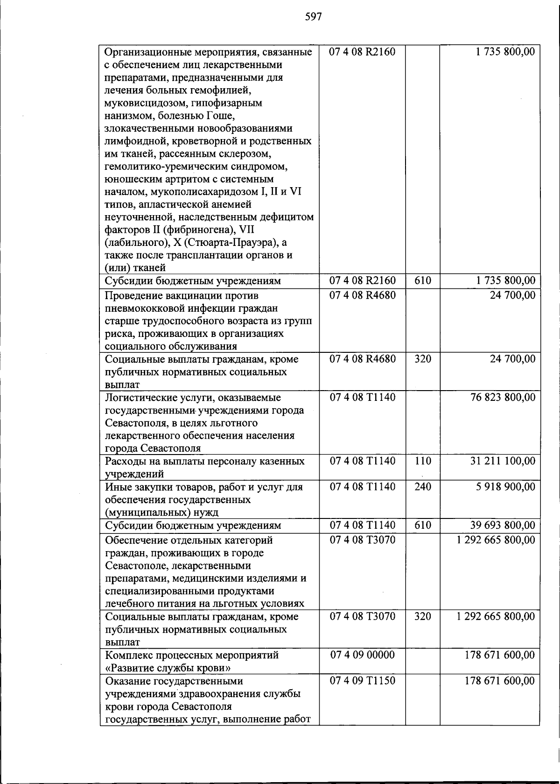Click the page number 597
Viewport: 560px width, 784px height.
coord(314,17)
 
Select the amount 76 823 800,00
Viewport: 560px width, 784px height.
coord(503,397)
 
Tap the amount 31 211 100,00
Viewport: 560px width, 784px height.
coord(503,461)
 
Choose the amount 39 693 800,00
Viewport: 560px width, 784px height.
coord(503,525)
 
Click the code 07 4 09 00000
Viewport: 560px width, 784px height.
coord(363,655)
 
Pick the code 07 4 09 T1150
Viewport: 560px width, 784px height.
coord(363,680)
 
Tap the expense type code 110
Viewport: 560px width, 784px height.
coord(422,461)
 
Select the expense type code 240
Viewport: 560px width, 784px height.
coord(422,487)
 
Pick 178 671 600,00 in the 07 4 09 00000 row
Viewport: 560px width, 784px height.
coord(500,655)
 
